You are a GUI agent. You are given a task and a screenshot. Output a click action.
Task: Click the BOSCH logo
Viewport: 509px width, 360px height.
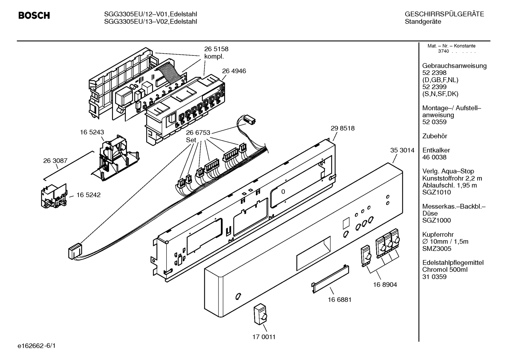34,16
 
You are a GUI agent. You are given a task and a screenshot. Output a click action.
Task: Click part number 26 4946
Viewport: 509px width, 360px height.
234,71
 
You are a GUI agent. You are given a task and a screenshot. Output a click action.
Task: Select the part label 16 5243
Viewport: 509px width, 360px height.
92,132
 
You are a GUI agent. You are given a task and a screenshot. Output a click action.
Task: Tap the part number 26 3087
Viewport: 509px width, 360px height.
55,161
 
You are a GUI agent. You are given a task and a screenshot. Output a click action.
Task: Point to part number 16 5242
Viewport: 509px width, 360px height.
88,195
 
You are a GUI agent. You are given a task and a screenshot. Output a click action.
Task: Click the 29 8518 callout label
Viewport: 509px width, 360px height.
342,129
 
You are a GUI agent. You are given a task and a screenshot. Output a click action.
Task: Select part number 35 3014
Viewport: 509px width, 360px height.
402,150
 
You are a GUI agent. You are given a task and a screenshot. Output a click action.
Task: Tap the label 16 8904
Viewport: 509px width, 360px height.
385,284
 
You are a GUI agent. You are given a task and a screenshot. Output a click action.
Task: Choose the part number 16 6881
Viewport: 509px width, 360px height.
339,300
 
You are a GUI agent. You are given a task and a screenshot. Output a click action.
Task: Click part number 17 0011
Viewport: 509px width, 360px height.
264,337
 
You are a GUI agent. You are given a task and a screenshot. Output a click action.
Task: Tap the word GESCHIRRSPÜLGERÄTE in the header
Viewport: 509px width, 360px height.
444,14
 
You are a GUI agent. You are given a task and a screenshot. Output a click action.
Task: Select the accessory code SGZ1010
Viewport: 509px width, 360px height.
437,193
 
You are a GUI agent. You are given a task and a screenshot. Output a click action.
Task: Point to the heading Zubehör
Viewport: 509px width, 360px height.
435,136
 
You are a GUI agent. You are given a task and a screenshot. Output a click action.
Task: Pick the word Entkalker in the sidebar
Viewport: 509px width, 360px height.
436,150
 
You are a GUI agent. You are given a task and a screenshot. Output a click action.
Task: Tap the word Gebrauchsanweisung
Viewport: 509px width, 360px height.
454,66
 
